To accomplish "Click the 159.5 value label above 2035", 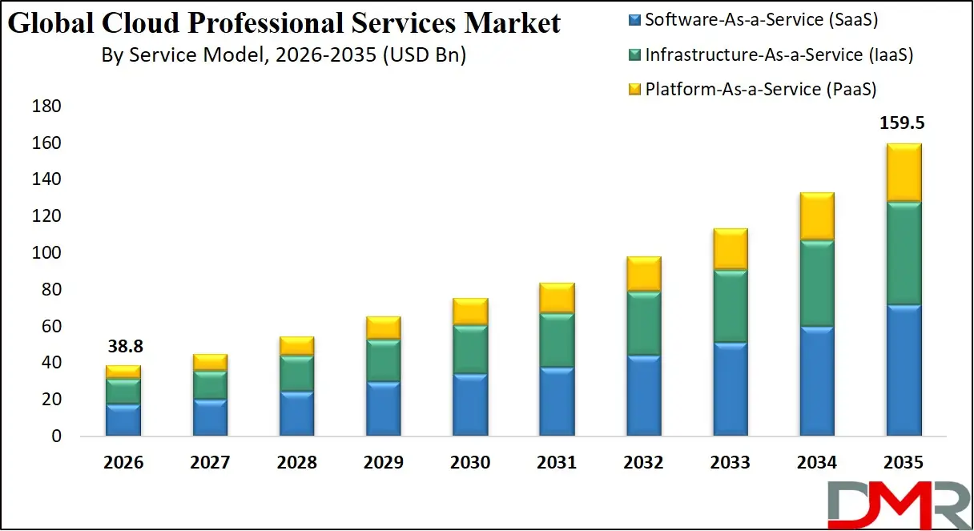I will click(x=904, y=123).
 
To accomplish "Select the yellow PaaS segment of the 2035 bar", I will click(x=904, y=172).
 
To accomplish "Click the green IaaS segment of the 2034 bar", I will click(x=817, y=283).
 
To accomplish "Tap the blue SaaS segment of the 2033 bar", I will click(x=730, y=389).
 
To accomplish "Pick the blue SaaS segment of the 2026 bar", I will click(x=124, y=420).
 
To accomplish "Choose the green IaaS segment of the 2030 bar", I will click(x=470, y=349).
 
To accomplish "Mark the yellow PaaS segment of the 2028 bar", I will click(x=297, y=346).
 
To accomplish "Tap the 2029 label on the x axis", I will click(x=384, y=463).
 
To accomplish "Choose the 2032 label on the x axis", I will click(x=644, y=463).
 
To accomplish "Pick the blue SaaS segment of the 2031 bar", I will click(x=557, y=401).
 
